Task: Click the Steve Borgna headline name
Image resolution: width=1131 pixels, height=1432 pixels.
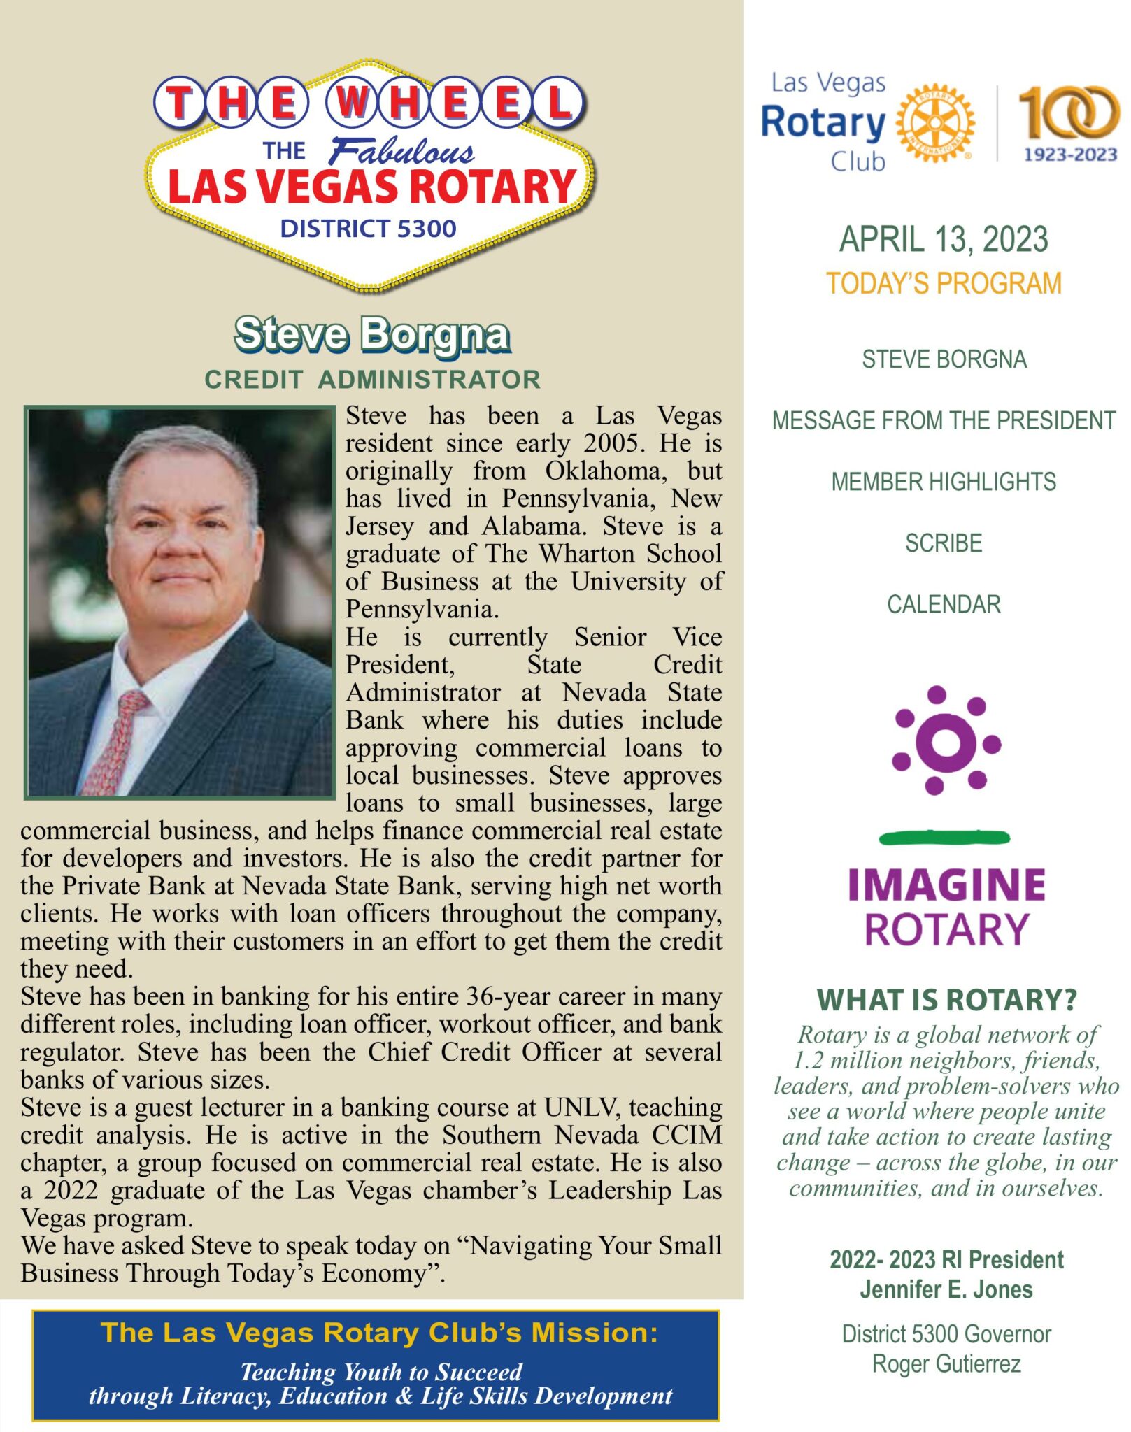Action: (x=371, y=335)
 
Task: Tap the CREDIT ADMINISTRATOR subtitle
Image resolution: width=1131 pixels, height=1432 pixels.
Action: (x=372, y=380)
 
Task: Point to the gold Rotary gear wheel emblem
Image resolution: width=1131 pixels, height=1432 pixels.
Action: (x=934, y=124)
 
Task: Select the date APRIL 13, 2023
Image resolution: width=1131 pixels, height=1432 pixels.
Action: (x=944, y=240)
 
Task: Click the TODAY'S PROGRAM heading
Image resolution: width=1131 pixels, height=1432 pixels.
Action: (x=944, y=284)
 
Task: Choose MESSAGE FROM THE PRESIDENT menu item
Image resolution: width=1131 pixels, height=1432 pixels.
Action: (x=944, y=421)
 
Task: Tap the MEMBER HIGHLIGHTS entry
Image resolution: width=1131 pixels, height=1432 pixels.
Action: (x=944, y=482)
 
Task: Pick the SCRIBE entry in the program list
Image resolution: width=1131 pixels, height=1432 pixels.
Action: (x=944, y=543)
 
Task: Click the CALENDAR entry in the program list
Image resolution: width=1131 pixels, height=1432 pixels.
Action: (x=944, y=604)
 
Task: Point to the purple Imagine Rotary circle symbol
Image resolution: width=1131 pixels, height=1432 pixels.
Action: (x=946, y=741)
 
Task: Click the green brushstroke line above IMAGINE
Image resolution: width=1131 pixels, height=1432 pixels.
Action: (x=944, y=837)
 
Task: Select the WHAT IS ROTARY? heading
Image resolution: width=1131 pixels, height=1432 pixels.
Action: (x=946, y=1000)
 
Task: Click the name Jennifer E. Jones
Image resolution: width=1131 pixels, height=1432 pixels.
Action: (x=946, y=1289)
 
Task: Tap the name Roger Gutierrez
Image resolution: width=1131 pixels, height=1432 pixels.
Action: (x=946, y=1363)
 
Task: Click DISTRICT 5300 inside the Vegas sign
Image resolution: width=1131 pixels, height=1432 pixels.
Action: (x=368, y=229)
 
